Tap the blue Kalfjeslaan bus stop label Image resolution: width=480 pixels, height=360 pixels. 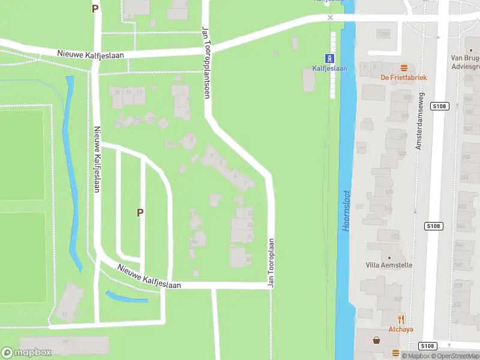click(329, 68)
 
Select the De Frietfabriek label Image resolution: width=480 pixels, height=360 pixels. click(403, 77)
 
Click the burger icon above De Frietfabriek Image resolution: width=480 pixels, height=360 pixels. click(403, 68)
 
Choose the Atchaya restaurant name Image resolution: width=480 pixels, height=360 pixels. click(401, 329)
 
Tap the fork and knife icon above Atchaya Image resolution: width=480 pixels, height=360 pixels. click(401, 319)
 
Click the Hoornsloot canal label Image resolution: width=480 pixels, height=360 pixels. click(346, 211)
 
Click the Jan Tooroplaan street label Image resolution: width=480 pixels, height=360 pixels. click(271, 263)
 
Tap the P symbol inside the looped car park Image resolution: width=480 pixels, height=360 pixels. click(140, 212)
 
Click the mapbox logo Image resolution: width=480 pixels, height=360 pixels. click(26, 353)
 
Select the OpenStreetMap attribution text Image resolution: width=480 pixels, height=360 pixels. click(457, 356)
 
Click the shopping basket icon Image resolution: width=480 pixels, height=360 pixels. click(377, 340)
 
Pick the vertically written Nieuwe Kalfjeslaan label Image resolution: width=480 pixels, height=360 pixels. click(96, 158)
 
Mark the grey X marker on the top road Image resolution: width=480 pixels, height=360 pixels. click(330, 18)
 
